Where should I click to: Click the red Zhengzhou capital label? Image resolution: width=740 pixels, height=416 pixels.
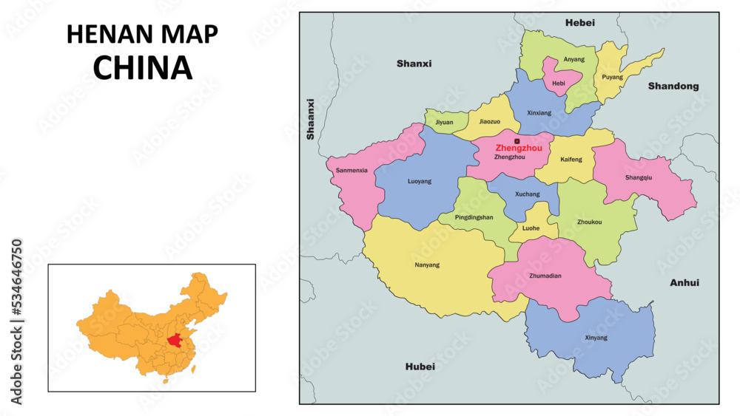[519, 148]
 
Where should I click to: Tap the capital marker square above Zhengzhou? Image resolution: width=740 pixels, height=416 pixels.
[517, 140]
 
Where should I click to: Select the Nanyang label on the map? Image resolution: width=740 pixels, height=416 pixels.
[427, 265]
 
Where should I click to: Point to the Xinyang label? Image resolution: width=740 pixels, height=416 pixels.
[596, 338]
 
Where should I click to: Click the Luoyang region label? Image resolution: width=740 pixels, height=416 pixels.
[419, 181]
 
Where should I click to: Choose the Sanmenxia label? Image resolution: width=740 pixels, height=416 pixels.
[351, 170]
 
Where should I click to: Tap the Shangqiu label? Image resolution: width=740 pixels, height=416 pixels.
[639, 177]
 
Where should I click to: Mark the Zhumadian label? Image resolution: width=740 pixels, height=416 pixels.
[546, 276]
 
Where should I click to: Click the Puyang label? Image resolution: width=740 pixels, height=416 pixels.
[612, 77]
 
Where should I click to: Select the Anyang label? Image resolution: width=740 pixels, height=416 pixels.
[573, 59]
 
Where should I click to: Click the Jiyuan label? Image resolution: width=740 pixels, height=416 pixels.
[444, 122]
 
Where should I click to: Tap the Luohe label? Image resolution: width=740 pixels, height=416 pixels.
[531, 229]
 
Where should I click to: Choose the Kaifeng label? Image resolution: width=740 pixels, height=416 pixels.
[571, 160]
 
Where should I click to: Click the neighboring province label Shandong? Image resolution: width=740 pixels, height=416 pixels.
[673, 86]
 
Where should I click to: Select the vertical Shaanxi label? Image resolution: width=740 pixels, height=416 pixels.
[311, 119]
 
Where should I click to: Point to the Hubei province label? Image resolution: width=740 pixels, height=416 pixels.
[420, 366]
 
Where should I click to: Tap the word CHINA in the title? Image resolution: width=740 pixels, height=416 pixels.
[143, 68]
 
